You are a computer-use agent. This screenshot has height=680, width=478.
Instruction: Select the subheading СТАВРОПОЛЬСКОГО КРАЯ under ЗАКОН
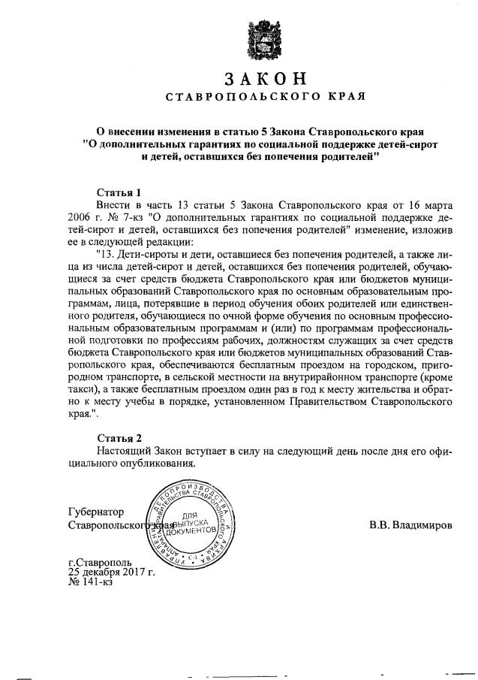coord(264,97)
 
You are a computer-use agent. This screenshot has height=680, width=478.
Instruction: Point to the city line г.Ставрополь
coord(99,561)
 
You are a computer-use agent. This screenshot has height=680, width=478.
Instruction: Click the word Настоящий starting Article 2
coord(125,450)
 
